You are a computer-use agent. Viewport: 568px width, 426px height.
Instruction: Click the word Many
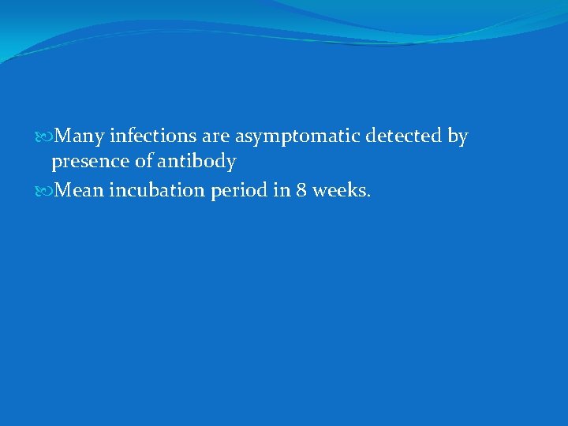(x=81, y=136)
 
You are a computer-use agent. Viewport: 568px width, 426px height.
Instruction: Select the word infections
(x=154, y=136)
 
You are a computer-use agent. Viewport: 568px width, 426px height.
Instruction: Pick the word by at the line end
(x=458, y=137)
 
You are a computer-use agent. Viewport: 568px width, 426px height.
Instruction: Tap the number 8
(x=302, y=189)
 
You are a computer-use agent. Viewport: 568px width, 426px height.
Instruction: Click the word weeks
(x=340, y=189)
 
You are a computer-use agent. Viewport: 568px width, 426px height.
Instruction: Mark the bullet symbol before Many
(x=50, y=137)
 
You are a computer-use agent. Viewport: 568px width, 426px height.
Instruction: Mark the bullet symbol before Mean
(x=50, y=190)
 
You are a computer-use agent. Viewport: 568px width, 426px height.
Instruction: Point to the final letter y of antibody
(x=230, y=164)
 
